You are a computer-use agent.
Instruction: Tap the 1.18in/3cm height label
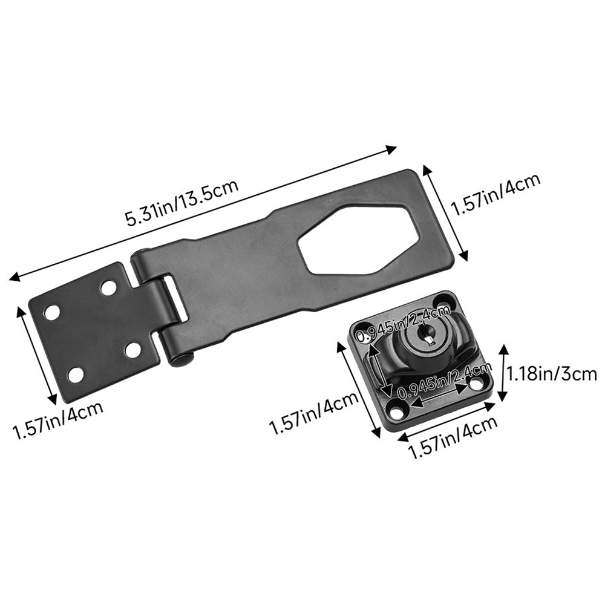point(552,374)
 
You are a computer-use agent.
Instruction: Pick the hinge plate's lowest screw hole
point(76,374)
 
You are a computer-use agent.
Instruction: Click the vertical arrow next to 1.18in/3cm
point(504,374)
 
